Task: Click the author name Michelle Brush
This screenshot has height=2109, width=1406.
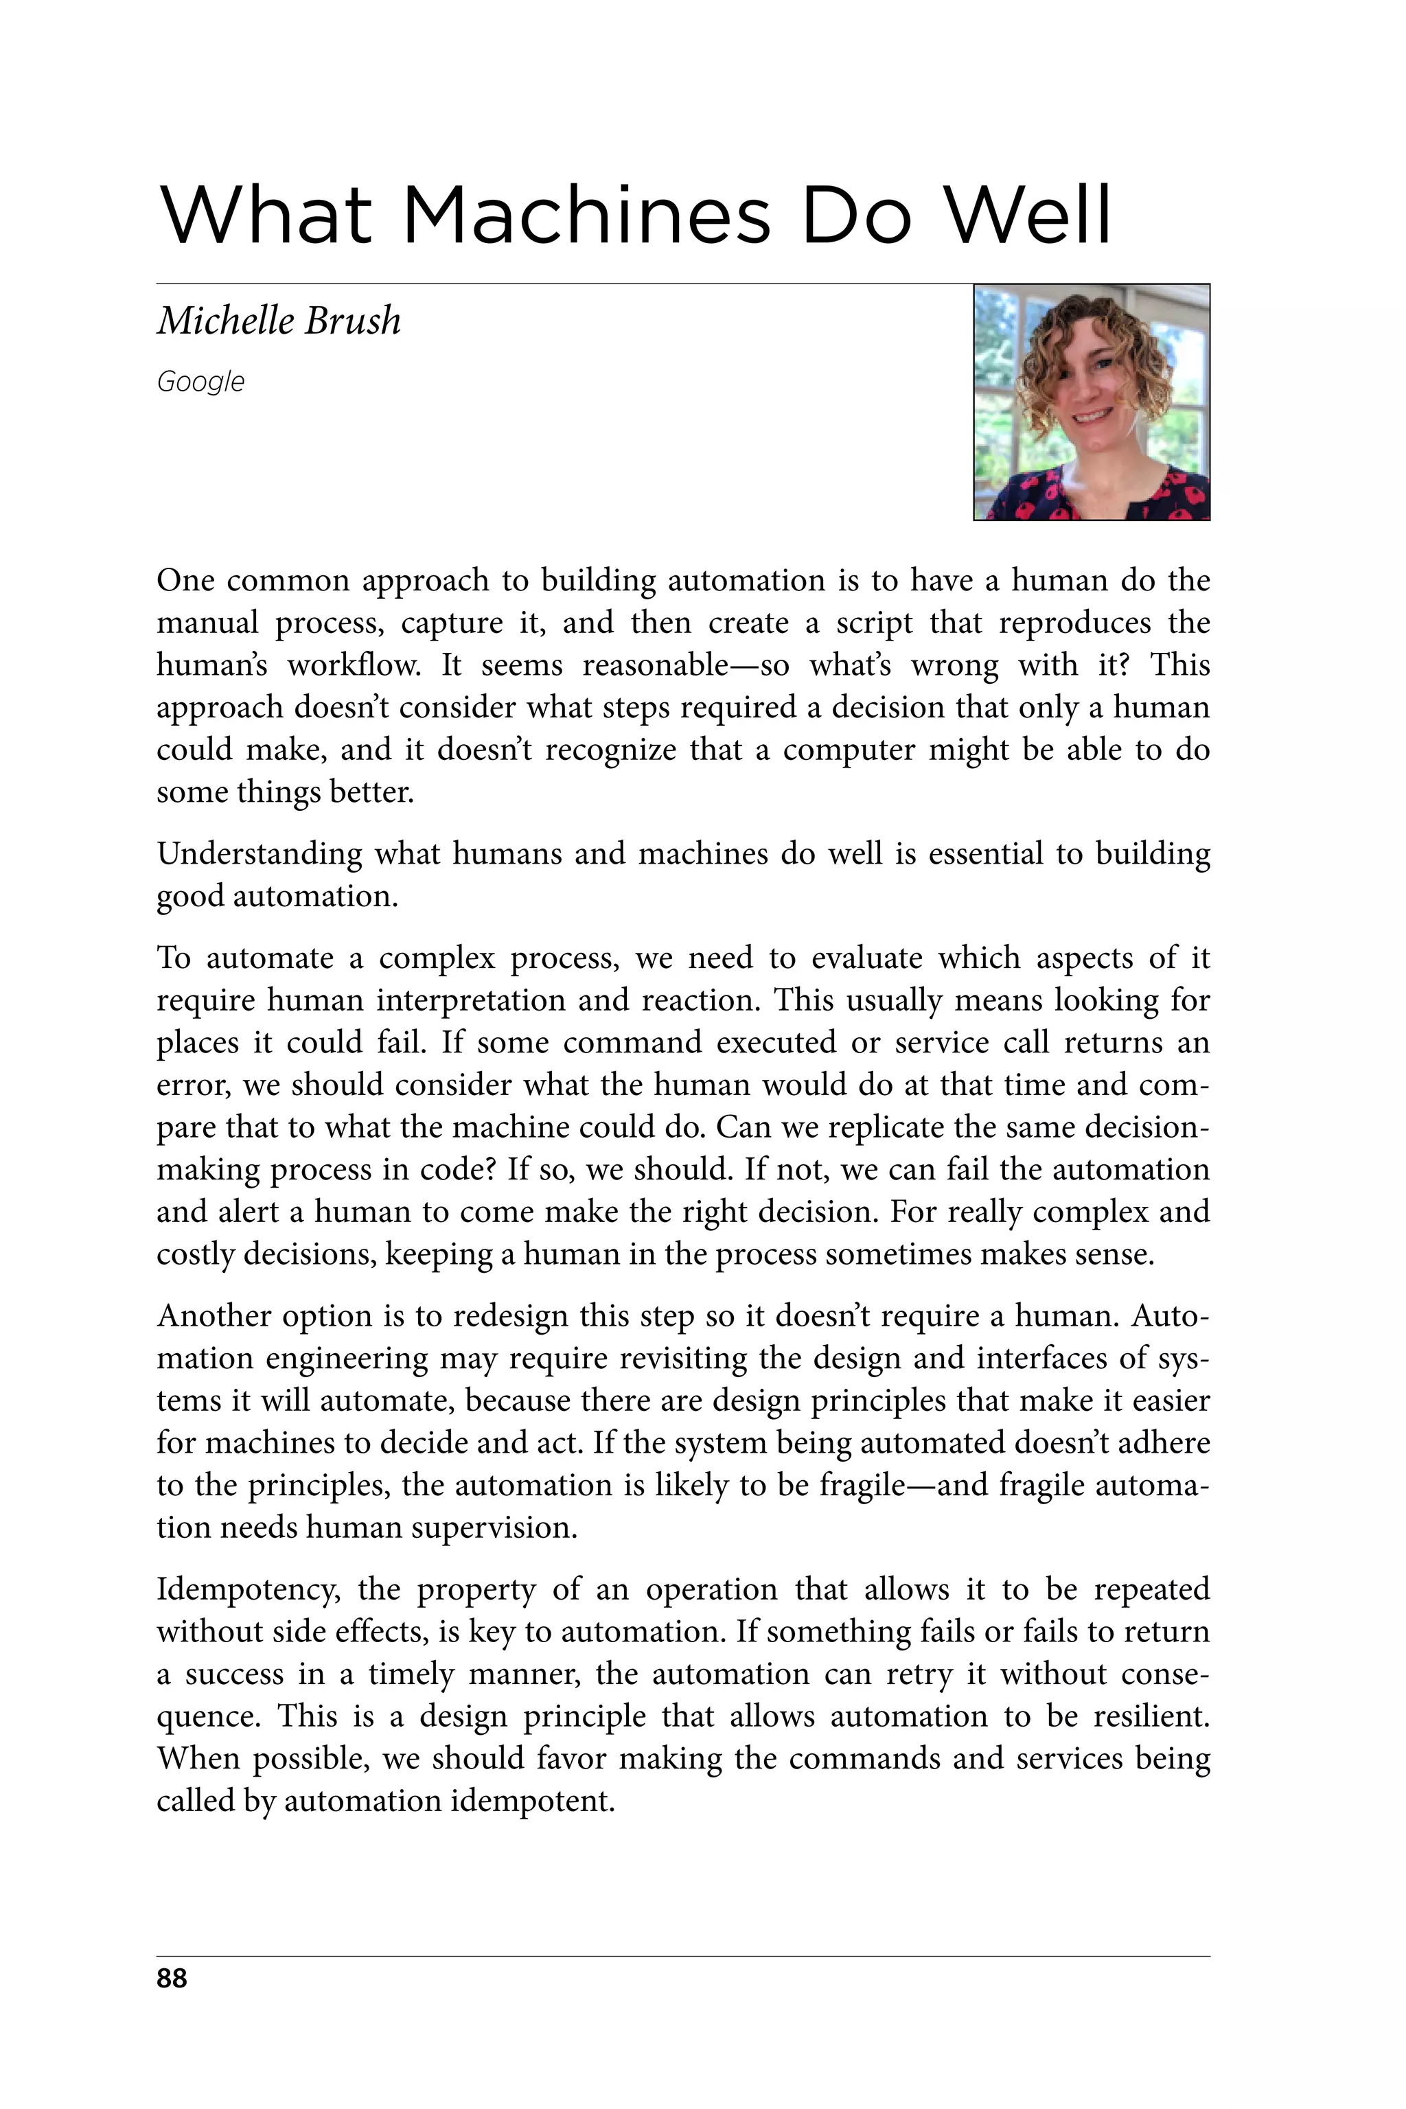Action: [279, 321]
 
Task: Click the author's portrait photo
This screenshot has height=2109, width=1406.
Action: [1092, 402]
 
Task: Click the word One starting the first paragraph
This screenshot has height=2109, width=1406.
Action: [185, 581]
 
